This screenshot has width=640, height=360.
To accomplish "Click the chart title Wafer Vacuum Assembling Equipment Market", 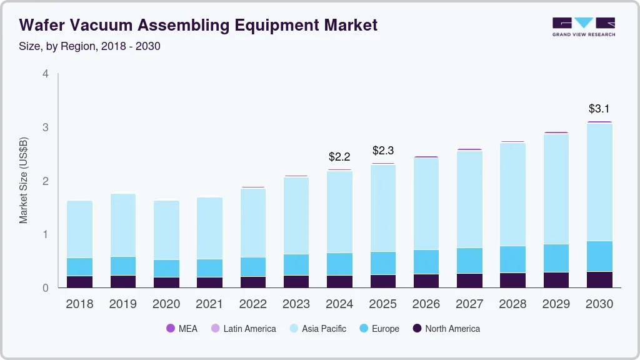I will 198,25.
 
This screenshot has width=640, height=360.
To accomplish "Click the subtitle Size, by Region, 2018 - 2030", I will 90,46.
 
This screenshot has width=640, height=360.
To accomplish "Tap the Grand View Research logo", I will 583,26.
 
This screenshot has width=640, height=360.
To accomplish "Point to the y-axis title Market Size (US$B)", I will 24,180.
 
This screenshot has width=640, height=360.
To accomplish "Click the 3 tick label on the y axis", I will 45,127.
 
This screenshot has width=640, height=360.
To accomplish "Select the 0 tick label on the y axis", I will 45,288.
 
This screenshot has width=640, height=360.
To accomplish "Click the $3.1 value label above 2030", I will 599,109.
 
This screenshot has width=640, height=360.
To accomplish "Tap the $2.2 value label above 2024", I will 340,157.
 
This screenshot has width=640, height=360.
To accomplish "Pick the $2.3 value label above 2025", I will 383,151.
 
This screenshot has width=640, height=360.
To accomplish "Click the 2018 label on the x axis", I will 79,304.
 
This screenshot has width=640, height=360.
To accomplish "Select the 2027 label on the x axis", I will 469,304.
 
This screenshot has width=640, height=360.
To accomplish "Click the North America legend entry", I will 446,329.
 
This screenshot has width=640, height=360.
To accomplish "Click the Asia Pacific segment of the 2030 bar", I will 599,182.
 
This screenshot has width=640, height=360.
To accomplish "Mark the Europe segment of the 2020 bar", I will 166,268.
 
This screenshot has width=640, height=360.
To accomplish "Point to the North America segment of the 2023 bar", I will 296,281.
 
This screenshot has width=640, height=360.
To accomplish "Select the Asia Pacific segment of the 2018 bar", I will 79,229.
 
